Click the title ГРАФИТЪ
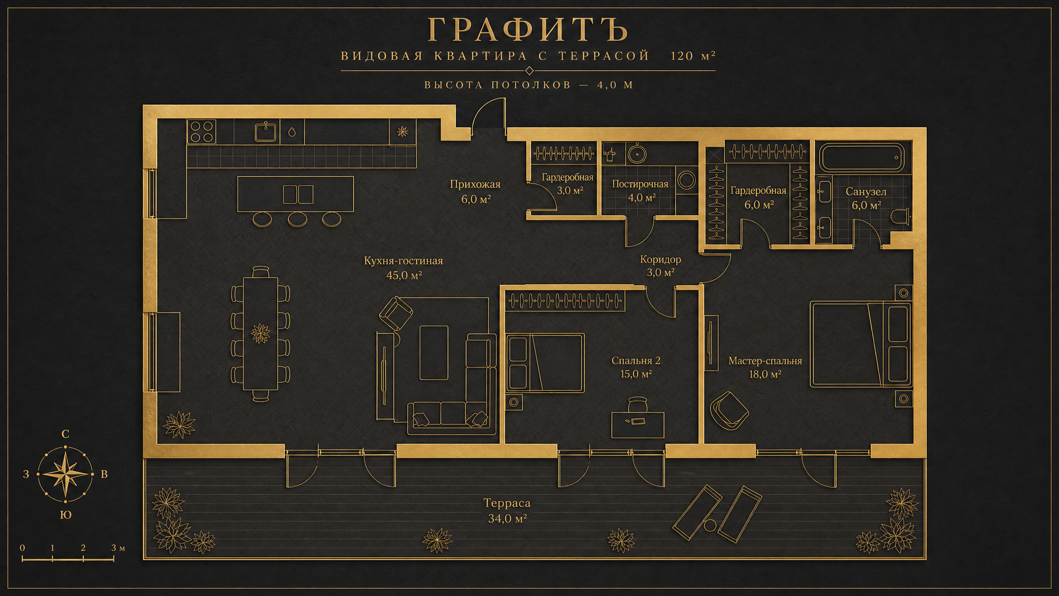[x=528, y=29]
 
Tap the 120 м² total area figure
[x=693, y=56]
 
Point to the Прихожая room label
[x=475, y=184]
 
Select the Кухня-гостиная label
[x=403, y=260]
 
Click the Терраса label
[x=507, y=503]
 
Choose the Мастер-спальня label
[x=765, y=360]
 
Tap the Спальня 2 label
[x=636, y=360]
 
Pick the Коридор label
[x=660, y=259]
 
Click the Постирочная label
[x=640, y=184]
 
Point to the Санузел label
[x=866, y=191]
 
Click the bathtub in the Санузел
[x=862, y=158]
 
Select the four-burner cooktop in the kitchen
[x=201, y=132]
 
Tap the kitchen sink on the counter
[x=265, y=132]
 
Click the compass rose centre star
[x=66, y=474]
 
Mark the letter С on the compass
[x=66, y=434]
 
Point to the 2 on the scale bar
[x=83, y=548]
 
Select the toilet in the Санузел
[x=900, y=216]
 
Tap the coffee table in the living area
[x=434, y=353]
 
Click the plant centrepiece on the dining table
[x=260, y=333]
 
